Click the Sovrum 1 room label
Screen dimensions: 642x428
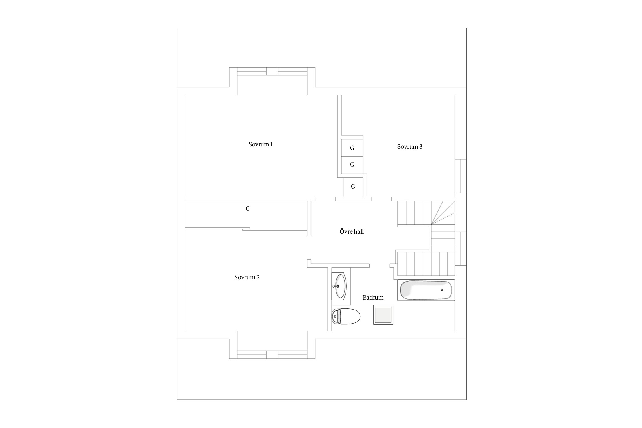261,144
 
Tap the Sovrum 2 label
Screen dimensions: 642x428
247,277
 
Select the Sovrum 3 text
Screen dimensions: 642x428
410,147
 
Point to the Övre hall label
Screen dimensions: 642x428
352,231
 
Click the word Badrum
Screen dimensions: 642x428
373,298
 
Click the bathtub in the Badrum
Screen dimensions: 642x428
426,290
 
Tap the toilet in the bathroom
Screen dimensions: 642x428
346,316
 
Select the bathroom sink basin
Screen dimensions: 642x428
340,286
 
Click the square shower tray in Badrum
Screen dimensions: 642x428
383,315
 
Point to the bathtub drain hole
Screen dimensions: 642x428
442,290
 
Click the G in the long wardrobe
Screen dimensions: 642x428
248,209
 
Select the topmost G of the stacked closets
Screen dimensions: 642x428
352,148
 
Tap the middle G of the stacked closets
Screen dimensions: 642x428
352,165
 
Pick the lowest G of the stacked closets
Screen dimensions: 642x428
353,187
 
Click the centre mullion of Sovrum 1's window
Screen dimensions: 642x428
272,71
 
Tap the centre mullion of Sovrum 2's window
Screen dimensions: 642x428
272,355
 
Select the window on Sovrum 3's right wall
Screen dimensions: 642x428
461,176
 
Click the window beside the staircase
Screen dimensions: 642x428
461,249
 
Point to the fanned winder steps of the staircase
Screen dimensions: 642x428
443,213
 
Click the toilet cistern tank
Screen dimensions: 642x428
335,316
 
